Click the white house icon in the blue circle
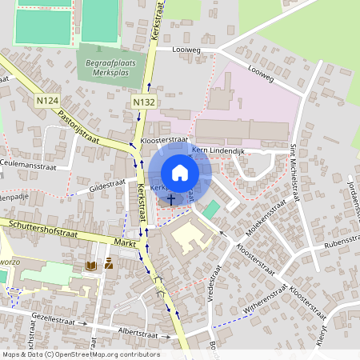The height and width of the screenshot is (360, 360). tap(180, 172)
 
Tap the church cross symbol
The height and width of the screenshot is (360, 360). tap(171, 197)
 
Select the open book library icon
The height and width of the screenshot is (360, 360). tap(91, 264)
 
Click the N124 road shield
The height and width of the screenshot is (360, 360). tap(48, 100)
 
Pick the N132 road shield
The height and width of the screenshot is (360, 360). tap(143, 102)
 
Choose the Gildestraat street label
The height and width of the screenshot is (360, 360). tap(109, 185)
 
